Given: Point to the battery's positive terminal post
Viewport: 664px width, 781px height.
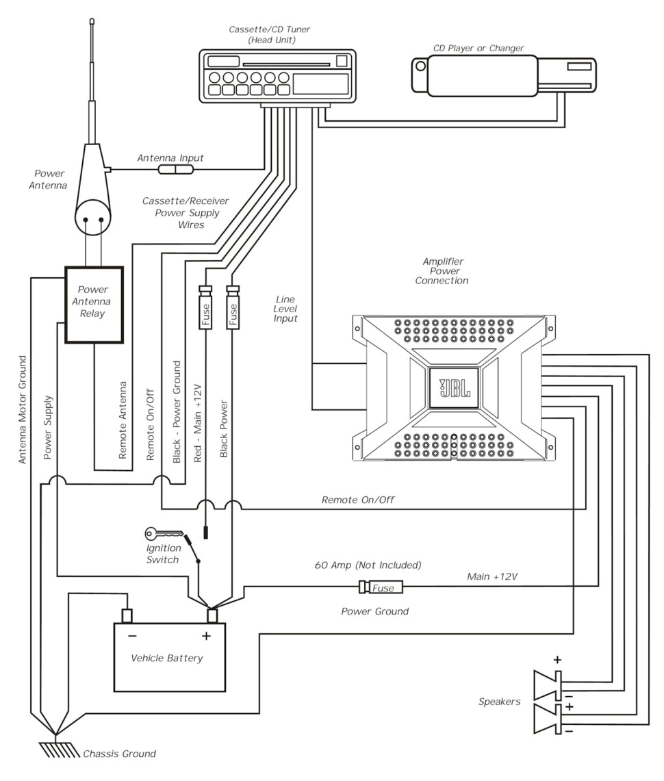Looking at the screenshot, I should pos(212,615).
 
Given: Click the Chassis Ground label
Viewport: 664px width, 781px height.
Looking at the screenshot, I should pos(119,754).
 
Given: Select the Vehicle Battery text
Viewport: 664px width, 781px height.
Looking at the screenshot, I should pos(167,658).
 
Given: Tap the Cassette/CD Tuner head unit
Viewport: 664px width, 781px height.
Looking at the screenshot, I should pos(277,76).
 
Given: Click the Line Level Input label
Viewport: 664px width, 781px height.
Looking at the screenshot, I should pos(285,309).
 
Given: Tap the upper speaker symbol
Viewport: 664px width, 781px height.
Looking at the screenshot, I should pos(548,682).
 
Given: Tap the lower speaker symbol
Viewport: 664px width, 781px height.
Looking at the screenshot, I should pos(548,719).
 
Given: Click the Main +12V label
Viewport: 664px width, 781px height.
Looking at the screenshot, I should pos(491,577).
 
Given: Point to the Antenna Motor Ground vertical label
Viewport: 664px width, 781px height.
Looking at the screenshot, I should pos(23,409).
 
